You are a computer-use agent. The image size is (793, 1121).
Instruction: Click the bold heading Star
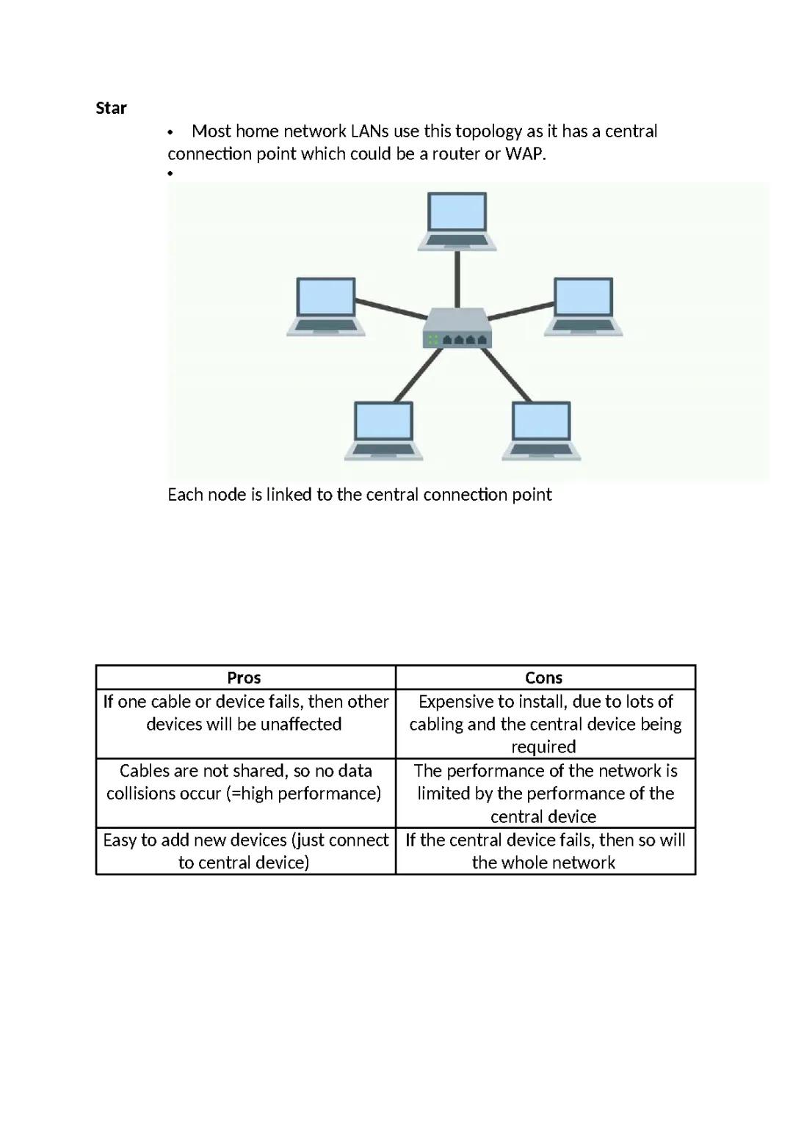pyautogui.click(x=111, y=108)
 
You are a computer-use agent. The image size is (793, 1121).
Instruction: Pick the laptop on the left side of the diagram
pyautogui.click(x=326, y=306)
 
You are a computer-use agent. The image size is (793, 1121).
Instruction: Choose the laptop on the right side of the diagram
pyautogui.click(x=584, y=306)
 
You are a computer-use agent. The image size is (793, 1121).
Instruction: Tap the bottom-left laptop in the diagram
pyautogui.click(x=383, y=430)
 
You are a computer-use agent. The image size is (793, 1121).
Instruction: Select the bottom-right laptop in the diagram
pyautogui.click(x=541, y=430)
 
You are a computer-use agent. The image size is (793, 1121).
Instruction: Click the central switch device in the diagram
pyautogui.click(x=457, y=327)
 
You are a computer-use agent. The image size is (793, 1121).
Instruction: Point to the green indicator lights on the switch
pyautogui.click(x=432, y=339)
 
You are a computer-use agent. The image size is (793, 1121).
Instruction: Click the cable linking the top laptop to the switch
pyautogui.click(x=457, y=279)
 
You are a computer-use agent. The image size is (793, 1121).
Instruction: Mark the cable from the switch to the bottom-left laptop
pyautogui.click(x=419, y=375)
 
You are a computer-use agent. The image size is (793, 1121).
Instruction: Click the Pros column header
pyautogui.click(x=245, y=678)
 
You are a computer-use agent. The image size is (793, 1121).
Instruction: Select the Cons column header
pyautogui.click(x=544, y=678)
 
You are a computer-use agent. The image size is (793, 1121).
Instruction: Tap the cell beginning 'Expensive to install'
pyautogui.click(x=545, y=724)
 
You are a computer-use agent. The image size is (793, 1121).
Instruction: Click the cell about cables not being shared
pyautogui.click(x=245, y=782)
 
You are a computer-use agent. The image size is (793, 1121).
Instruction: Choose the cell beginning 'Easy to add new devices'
pyautogui.click(x=245, y=851)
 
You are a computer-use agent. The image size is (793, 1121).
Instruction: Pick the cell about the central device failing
pyautogui.click(x=545, y=851)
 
